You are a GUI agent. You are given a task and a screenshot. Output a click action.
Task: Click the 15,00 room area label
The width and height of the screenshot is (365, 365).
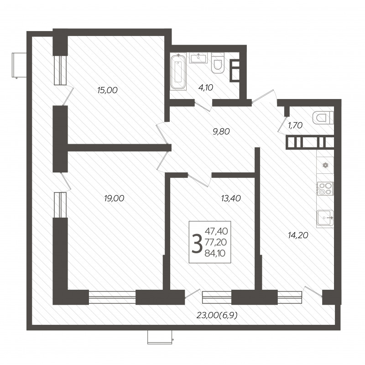click(107, 90)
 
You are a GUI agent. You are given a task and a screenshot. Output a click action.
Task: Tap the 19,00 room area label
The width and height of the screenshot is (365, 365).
click(114, 198)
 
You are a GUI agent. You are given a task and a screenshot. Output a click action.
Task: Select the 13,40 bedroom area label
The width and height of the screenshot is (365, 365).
click(231, 198)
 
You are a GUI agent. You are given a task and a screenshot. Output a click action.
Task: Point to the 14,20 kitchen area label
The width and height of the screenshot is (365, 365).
click(298, 235)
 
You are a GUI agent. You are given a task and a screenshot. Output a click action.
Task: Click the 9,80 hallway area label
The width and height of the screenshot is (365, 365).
click(221, 131)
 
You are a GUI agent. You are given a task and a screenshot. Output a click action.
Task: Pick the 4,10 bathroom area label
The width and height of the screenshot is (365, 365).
click(206, 88)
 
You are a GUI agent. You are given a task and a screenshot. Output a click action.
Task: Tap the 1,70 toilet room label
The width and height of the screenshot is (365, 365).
click(295, 125)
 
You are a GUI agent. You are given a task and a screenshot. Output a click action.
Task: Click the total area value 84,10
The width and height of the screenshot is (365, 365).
click(215, 253)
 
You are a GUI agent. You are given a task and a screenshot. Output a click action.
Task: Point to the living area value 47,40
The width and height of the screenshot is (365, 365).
click(216, 231)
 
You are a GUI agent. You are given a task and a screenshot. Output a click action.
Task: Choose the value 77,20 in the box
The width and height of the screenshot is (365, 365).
click(216, 242)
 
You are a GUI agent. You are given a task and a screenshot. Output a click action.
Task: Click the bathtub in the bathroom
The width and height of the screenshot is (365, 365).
click(178, 72)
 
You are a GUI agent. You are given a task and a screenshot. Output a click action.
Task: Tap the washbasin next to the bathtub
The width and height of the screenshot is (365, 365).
click(198, 58)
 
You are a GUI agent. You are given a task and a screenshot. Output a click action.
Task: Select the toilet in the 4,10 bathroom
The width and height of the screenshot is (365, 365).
click(218, 63)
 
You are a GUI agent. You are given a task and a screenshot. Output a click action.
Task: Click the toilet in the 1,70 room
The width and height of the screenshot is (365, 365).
click(323, 118)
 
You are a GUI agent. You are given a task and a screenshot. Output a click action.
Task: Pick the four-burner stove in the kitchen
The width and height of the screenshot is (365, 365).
click(325, 188)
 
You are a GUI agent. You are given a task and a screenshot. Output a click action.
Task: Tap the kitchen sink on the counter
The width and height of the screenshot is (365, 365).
click(325, 218)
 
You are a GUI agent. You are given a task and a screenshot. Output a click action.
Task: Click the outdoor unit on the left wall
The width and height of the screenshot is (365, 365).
click(19, 65)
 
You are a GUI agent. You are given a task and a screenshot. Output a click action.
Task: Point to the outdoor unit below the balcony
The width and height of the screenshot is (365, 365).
click(160, 337)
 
